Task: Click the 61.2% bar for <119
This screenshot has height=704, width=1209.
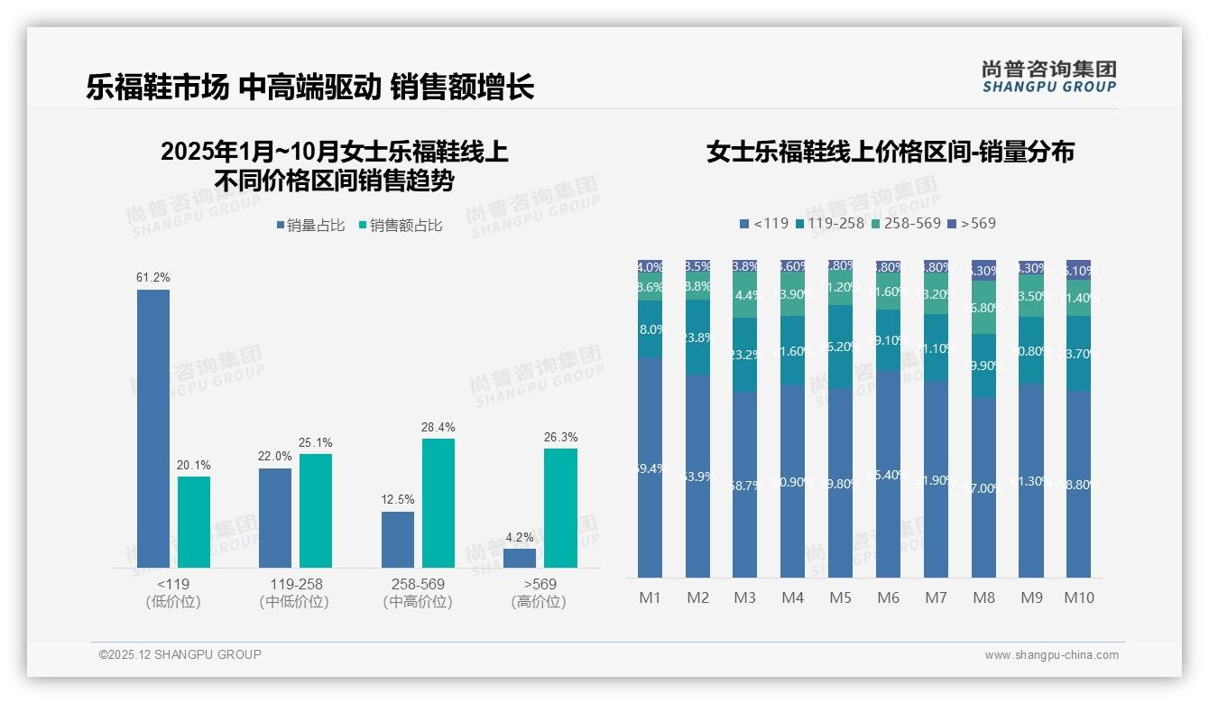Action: pos(153,429)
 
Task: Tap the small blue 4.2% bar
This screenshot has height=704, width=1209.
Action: pos(520,558)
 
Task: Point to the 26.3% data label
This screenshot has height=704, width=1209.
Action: pos(560,438)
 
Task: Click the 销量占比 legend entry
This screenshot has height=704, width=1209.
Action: pos(310,226)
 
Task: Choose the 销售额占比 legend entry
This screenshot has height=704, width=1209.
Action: pos(401,226)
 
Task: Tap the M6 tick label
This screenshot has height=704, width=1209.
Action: pos(888,597)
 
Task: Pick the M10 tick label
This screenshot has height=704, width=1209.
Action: pos(1079,597)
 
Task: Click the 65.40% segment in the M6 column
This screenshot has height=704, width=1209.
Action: pos(888,474)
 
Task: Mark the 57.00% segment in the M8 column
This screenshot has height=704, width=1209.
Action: pos(983,487)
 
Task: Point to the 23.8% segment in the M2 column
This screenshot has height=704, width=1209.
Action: pos(697,337)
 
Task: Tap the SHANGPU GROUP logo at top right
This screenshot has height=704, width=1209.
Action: pos(1049,77)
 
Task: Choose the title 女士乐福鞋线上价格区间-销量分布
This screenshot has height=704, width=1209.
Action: pos(890,152)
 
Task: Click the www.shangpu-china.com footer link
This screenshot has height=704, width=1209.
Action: pos(1051,655)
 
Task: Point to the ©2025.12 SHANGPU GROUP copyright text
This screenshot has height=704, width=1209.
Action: pos(180,654)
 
